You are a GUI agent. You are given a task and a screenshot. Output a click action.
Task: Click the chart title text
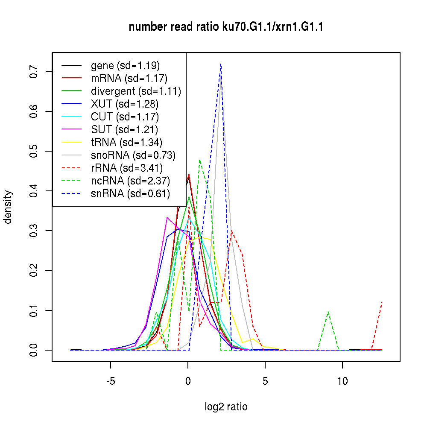point(226,27)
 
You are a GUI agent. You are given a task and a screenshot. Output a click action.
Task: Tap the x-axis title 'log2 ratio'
point(226,407)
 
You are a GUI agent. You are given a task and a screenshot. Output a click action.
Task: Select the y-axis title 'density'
point(8,207)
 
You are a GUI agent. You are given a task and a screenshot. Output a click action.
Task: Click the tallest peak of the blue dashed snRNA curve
point(221,64)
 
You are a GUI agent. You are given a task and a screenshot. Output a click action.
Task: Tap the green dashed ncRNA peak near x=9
point(328,312)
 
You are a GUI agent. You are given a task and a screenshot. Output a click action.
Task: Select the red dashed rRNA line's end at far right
point(382,302)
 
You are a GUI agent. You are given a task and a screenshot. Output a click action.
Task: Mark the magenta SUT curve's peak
point(167,217)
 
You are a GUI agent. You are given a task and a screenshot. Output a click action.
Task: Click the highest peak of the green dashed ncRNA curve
point(199,160)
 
